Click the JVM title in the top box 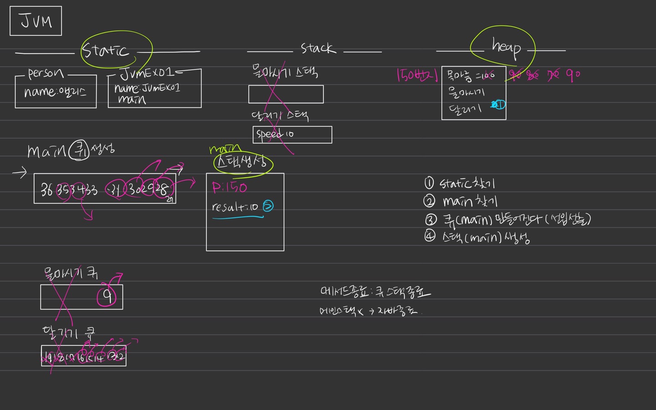click(x=36, y=21)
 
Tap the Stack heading click(x=318, y=48)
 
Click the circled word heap click(x=506, y=47)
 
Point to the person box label click(x=46, y=73)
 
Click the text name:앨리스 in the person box click(x=55, y=92)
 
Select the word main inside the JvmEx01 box click(x=132, y=99)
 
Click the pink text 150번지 click(x=417, y=75)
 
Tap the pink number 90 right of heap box click(x=573, y=74)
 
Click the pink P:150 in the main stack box click(x=229, y=188)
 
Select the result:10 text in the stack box click(x=235, y=207)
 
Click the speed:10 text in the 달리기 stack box click(x=275, y=134)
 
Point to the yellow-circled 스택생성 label click(x=242, y=163)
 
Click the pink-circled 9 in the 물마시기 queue click(x=108, y=296)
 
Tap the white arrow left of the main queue click(x=20, y=173)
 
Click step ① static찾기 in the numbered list click(x=460, y=184)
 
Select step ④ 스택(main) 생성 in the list click(x=477, y=237)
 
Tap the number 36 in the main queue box click(x=46, y=189)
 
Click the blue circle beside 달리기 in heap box click(x=499, y=105)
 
